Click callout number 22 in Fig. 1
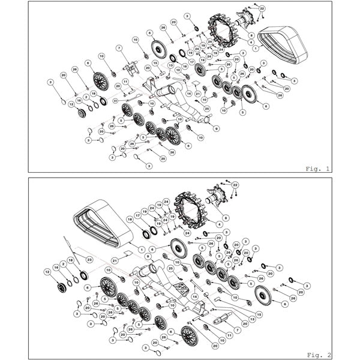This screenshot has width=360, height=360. tap(262, 8)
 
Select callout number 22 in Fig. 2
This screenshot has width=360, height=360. tap(235, 184)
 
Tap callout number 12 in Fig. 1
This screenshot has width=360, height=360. tap(71, 104)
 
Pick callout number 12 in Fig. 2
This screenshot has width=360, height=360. tap(47, 272)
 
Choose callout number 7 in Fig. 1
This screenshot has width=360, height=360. tap(119, 48)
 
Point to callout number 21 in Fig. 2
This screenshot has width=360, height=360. tap(114, 261)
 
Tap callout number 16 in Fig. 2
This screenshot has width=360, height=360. tap(56, 268)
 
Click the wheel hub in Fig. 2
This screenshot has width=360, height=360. tap(218, 196)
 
